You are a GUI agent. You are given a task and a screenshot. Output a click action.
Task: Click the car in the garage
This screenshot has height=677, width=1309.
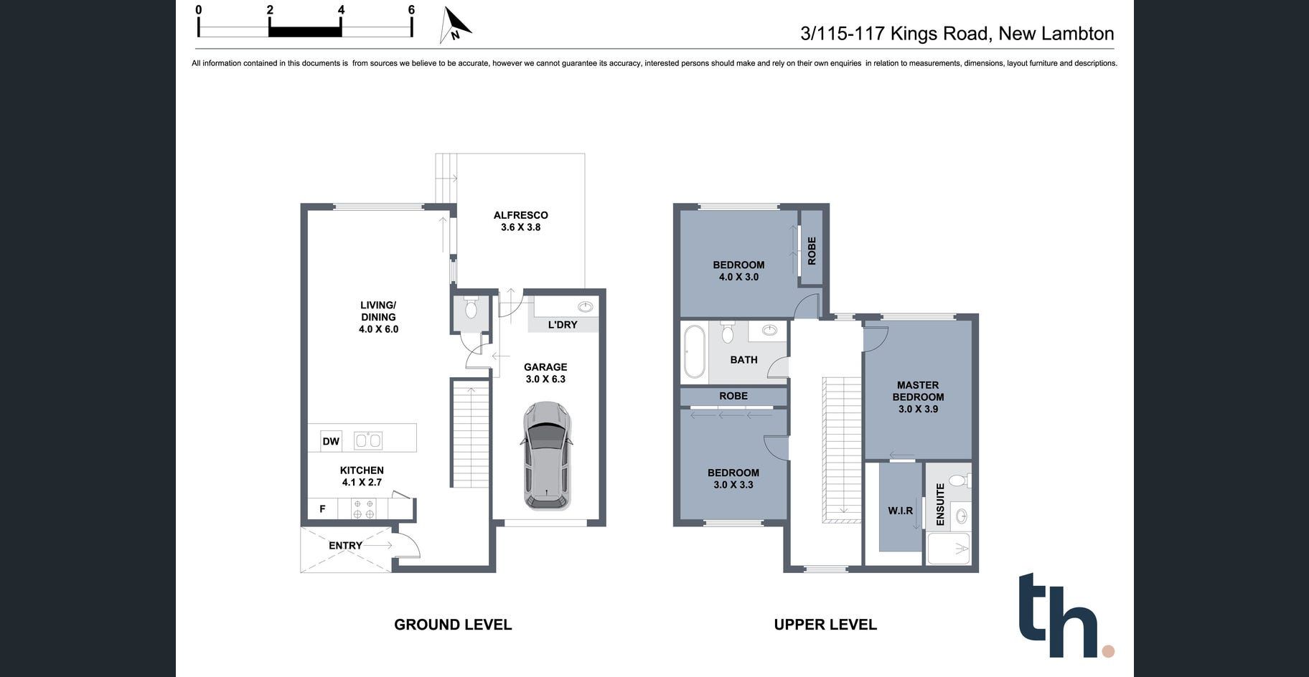click(x=546, y=455)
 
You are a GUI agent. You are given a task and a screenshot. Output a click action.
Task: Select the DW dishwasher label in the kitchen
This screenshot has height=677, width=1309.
click(x=331, y=441)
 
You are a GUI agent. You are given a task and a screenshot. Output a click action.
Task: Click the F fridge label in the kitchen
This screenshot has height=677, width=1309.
click(x=322, y=509)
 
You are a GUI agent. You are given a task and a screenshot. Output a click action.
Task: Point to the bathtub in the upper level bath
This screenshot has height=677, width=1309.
click(x=694, y=351)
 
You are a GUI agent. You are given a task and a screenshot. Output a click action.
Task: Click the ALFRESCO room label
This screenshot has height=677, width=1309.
click(x=521, y=215)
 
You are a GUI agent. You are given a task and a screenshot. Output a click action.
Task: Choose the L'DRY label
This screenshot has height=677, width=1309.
click(x=563, y=325)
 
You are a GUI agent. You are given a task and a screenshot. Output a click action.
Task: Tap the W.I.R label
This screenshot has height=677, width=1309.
click(x=901, y=511)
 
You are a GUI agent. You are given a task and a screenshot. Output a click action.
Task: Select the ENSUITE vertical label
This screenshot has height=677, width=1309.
click(x=940, y=505)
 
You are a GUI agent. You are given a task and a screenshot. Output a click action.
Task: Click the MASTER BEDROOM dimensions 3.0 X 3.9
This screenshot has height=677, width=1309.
click(x=918, y=409)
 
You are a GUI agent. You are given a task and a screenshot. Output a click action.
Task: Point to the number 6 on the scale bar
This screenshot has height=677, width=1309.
click(x=411, y=10)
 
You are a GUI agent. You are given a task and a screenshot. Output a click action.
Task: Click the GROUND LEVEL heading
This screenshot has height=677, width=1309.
click(x=453, y=625)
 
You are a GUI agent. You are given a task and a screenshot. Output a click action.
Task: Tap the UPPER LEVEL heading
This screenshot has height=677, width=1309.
click(x=825, y=625)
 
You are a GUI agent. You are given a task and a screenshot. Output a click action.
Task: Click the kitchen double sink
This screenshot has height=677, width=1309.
click(x=368, y=440)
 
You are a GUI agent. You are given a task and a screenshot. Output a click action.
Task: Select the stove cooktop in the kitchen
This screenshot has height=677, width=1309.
click(x=364, y=509)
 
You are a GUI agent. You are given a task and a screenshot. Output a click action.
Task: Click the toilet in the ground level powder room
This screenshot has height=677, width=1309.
click(x=471, y=308)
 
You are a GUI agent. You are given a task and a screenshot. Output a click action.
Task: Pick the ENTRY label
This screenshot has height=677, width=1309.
click(x=345, y=546)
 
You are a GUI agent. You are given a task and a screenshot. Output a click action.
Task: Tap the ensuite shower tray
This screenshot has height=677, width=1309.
click(x=949, y=549)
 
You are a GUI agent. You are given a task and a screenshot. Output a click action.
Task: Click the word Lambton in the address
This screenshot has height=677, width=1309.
click(x=1077, y=34)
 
